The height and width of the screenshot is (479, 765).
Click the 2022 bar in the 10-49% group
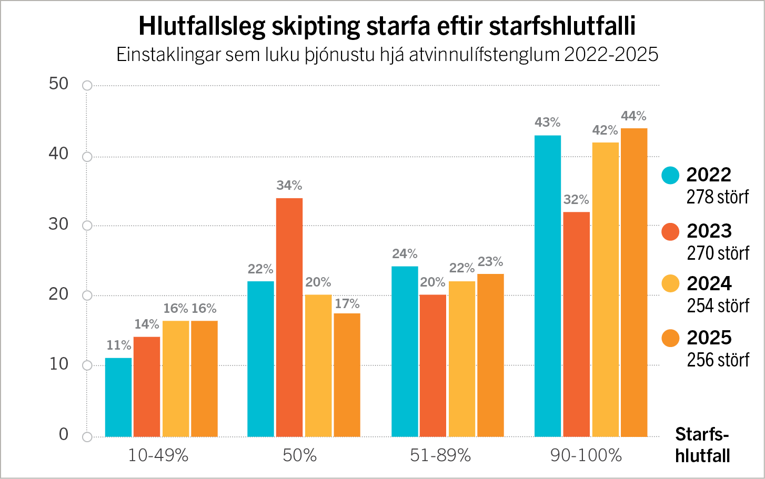tap(118, 398)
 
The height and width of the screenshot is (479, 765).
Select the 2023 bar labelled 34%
tap(289, 318)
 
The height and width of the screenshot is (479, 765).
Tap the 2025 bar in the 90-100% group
tap(634, 283)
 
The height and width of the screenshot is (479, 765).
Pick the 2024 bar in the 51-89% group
tap(462, 359)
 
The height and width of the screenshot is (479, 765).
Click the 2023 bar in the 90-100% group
tap(577, 324)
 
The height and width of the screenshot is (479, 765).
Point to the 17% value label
tap(347, 303)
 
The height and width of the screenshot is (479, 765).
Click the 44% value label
tap(633, 116)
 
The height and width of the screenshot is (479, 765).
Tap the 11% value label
tap(118, 345)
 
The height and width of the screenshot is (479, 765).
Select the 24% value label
tap(405, 253)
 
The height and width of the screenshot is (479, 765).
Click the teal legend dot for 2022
tap(670, 176)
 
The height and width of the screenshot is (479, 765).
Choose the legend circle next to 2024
tap(670, 283)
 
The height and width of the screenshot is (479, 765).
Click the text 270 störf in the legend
tap(718, 253)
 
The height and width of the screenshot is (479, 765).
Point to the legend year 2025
tap(709, 338)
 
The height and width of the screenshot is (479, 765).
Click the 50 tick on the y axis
tap(58, 84)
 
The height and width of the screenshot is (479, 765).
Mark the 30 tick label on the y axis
tap(58, 225)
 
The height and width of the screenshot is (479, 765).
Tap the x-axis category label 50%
tap(300, 455)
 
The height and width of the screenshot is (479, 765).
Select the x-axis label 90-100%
tap(586, 455)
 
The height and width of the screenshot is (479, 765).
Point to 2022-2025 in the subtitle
tap(611, 54)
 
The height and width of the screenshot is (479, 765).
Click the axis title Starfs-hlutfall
tap(702, 445)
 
